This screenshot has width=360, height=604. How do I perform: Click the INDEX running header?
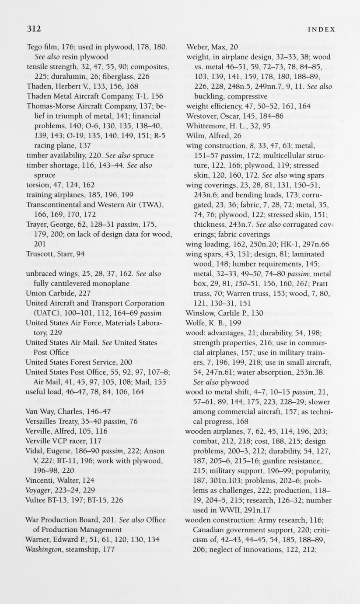pyautogui.click(x=322, y=30)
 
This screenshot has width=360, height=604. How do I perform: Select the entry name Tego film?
pyautogui.click(x=42, y=47)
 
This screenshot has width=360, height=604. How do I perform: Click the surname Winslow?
pyautogui.click(x=200, y=313)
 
